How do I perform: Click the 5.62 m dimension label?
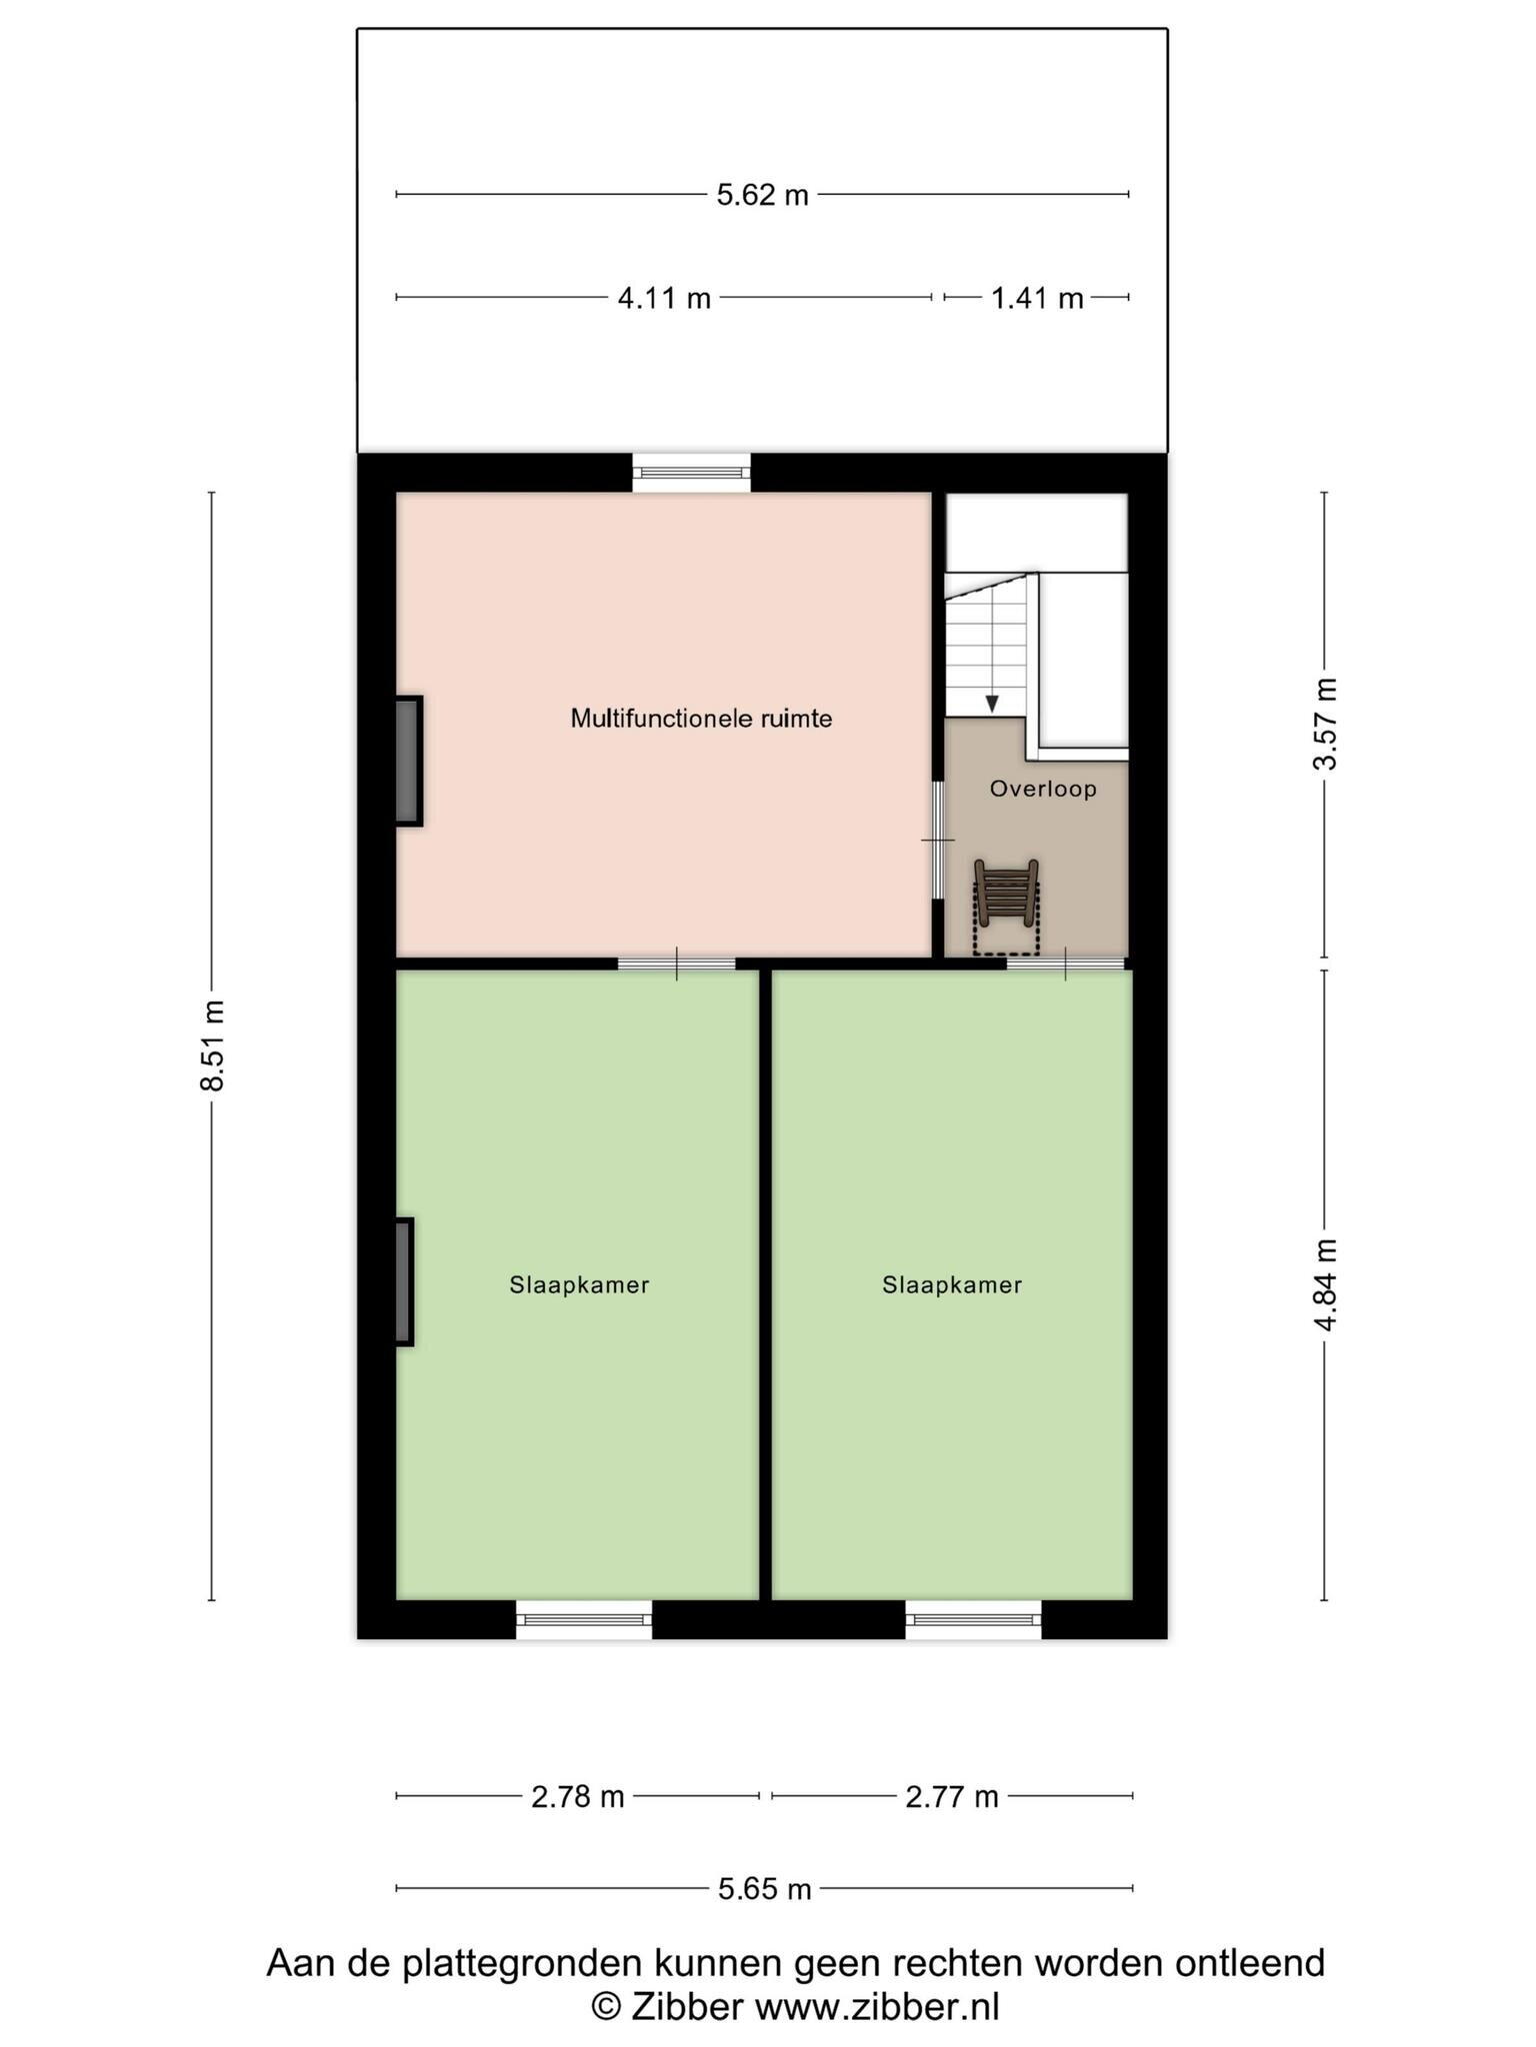pyautogui.click(x=762, y=195)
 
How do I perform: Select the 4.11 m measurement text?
pyautogui.click(x=664, y=298)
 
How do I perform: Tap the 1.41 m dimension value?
pyautogui.click(x=1037, y=298)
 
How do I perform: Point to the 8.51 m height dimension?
pyautogui.click(x=212, y=1044)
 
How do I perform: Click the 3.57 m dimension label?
pyautogui.click(x=1325, y=724)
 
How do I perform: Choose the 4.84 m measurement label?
pyautogui.click(x=1325, y=1284)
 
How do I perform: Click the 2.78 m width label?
pyautogui.click(x=578, y=1797)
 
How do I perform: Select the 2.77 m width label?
pyautogui.click(x=952, y=1797)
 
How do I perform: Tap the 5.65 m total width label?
pyautogui.click(x=765, y=1889)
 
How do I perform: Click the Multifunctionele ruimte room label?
pyautogui.click(x=701, y=719)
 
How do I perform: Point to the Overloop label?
pyautogui.click(x=1043, y=789)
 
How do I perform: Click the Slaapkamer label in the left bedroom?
pyautogui.click(x=579, y=1285)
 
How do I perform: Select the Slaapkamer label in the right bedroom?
pyautogui.click(x=952, y=1285)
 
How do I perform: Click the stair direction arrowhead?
pyautogui.click(x=992, y=704)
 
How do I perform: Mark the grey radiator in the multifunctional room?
pyautogui.click(x=408, y=761)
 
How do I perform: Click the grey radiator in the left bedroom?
pyautogui.click(x=404, y=1281)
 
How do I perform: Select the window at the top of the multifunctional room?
pyautogui.click(x=691, y=473)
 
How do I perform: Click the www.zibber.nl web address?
pyautogui.click(x=876, y=2006)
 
